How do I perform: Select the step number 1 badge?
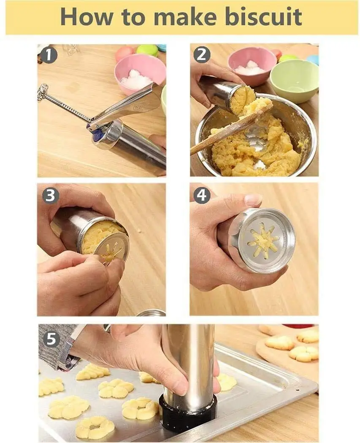tap(49, 56)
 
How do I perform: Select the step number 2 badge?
tap(202, 56)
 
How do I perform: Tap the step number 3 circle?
tap(50, 195)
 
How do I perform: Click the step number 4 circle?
tap(202, 195)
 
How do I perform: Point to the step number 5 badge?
tap(51, 339)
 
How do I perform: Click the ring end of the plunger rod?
tap(43, 91)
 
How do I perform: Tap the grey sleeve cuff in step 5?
tap(63, 346)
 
